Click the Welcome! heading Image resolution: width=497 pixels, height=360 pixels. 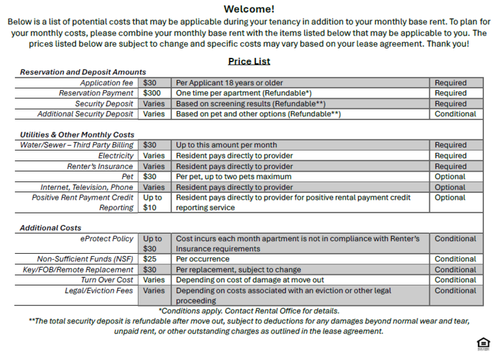coord(248,9)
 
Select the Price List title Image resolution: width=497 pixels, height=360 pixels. coord(248,61)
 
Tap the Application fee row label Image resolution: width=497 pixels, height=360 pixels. coord(106,83)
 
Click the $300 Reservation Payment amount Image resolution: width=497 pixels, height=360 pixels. coord(152,93)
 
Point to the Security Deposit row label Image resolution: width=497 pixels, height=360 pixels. coord(104,104)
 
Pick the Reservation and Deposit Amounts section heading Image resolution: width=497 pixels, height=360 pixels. coord(83,72)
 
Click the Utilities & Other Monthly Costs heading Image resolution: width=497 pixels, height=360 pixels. coord(77,134)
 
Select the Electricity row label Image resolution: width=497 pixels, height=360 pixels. coord(116,155)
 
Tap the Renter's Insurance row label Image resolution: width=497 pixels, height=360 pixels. coord(100,166)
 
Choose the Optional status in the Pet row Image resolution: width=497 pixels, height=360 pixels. coord(450,177)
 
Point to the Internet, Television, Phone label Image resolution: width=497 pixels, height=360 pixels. coord(87,187)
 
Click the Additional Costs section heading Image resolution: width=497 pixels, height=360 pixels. coord(50,228)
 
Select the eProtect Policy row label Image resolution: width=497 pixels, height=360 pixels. coord(106,239)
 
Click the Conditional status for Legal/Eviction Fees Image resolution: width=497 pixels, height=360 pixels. coord(455,290)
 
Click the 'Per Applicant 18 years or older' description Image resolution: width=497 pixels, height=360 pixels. coord(229,83)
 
